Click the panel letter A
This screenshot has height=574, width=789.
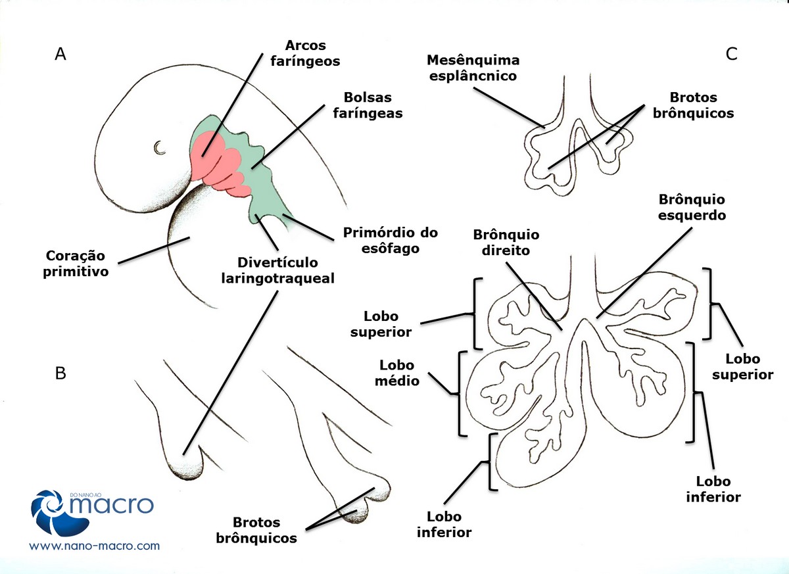point(60,55)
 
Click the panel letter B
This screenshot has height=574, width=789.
point(60,373)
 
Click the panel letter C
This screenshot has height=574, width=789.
point(732,55)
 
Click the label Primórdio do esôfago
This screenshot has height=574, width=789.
point(391,241)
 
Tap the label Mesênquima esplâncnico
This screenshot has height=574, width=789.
point(473,68)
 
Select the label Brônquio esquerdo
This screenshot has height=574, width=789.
point(688,207)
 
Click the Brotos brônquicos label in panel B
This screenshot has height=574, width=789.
point(257,531)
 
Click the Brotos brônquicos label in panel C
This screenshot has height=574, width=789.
point(693,105)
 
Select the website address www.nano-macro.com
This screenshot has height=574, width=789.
point(95,546)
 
